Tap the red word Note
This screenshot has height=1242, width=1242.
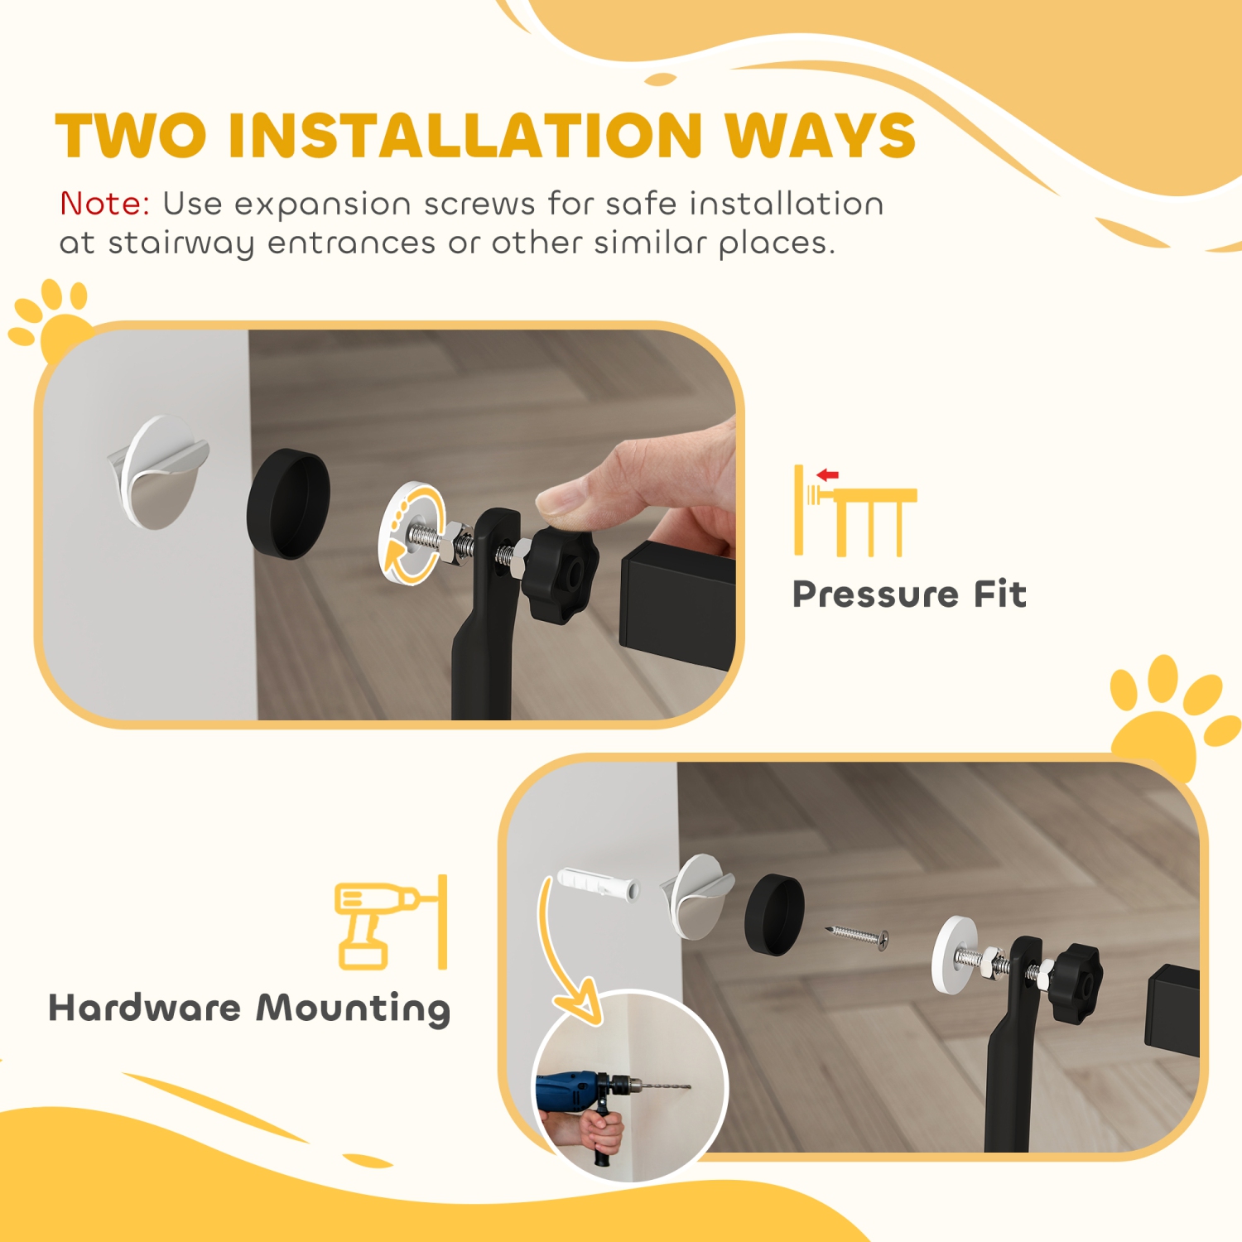(x=104, y=204)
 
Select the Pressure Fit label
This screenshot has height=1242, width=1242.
(x=909, y=595)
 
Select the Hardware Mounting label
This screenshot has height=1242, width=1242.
(x=249, y=1009)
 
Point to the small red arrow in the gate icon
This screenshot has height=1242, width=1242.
(x=827, y=474)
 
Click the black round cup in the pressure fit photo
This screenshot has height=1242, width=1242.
(x=288, y=503)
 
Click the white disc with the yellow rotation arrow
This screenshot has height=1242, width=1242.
(x=411, y=533)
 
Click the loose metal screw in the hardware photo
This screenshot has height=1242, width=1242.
(x=858, y=935)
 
